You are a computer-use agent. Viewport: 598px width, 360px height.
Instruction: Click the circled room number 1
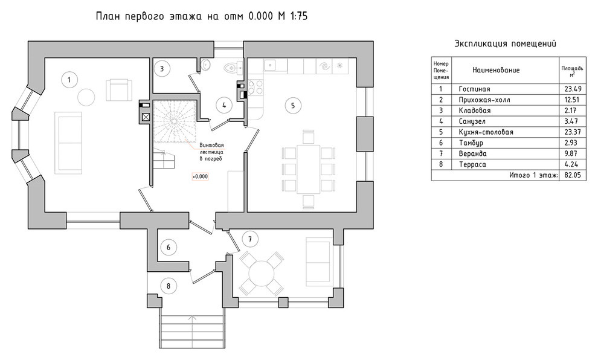[69, 80]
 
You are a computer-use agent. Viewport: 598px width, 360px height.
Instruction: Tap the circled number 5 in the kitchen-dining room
[293, 105]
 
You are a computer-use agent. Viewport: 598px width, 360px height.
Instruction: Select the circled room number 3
[162, 69]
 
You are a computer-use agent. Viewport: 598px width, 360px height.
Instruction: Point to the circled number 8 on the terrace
[168, 286]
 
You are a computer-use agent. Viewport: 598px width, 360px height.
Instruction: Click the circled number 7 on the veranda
[250, 239]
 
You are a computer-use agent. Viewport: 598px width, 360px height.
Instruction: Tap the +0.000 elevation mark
[200, 176]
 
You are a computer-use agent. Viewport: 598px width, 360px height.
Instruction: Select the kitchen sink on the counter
[271, 65]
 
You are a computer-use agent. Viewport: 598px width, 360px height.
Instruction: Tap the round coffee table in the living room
[86, 97]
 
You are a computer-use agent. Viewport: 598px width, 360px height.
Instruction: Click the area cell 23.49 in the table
[573, 89]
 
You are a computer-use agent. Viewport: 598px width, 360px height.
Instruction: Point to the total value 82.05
[573, 175]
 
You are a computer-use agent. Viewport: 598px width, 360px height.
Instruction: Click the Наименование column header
[496, 70]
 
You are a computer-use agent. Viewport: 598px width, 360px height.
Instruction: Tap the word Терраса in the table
[472, 164]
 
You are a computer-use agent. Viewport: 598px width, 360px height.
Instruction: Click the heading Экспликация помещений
[505, 43]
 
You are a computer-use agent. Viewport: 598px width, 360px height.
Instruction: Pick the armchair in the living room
[119, 89]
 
